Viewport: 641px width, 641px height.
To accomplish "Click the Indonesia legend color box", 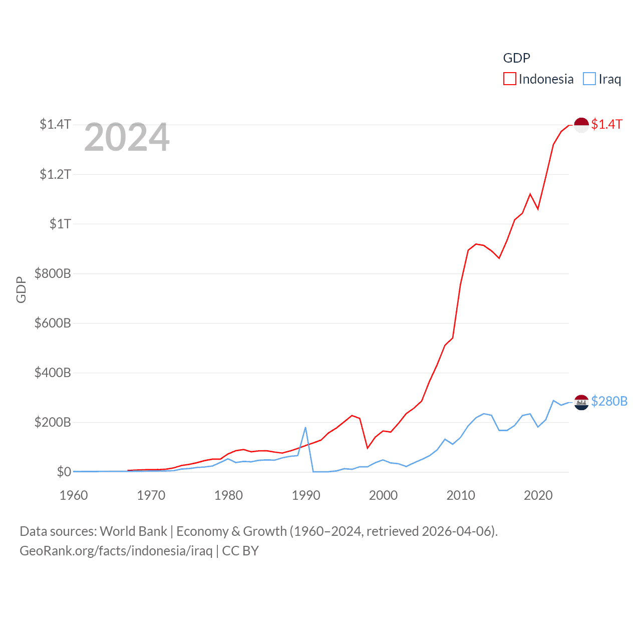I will pyautogui.click(x=509, y=79).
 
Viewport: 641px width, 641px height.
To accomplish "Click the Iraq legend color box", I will pyautogui.click(x=589, y=79).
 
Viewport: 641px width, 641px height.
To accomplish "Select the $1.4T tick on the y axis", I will pyautogui.click(x=56, y=124).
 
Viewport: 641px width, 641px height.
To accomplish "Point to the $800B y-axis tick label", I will pyautogui.click(x=53, y=273).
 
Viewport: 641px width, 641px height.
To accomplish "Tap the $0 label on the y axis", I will pyautogui.click(x=64, y=472).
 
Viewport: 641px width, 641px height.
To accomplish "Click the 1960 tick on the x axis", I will pyautogui.click(x=74, y=495).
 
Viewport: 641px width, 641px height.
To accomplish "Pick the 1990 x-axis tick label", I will pyautogui.click(x=306, y=495).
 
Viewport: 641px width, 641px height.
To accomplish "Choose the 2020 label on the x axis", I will pyautogui.click(x=538, y=495).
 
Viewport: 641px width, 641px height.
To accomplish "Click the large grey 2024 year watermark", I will pyautogui.click(x=127, y=137).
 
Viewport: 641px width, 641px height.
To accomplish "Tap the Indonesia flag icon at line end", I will pyautogui.click(x=581, y=125).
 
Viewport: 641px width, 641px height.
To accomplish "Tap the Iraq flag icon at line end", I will pyautogui.click(x=581, y=402).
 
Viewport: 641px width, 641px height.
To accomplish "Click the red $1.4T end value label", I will pyautogui.click(x=606, y=124).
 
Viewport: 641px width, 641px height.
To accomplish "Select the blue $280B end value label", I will pyautogui.click(x=609, y=401).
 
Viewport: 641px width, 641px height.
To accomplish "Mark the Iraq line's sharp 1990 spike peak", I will pyautogui.click(x=305, y=427).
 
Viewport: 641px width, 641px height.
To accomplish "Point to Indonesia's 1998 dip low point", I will pyautogui.click(x=368, y=448).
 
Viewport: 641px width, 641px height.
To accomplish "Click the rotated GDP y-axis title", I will pyautogui.click(x=21, y=289).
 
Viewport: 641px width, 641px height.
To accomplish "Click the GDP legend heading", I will pyautogui.click(x=516, y=58).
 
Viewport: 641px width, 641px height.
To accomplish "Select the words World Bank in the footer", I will pyautogui.click(x=133, y=531).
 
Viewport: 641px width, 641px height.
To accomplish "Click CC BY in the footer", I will pyautogui.click(x=240, y=551).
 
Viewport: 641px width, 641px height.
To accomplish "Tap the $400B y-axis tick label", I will pyautogui.click(x=53, y=373).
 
